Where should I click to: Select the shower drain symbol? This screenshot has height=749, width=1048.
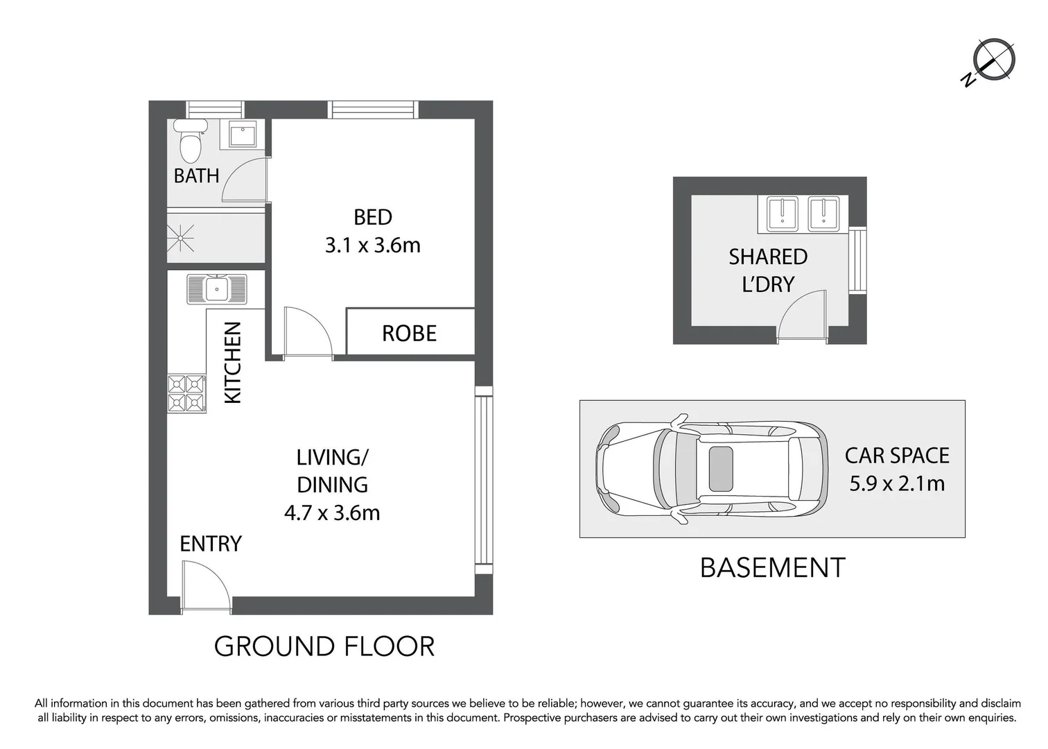click(x=182, y=238)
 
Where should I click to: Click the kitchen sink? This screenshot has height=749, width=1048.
click(x=216, y=289)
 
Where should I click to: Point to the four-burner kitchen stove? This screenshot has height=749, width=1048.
click(x=187, y=393)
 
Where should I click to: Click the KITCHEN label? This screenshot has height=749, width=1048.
click(x=233, y=362)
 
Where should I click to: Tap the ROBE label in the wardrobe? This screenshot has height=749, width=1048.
click(x=409, y=334)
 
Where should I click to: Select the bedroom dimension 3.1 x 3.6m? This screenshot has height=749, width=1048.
click(x=373, y=246)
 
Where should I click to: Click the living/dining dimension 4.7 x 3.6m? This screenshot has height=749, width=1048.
click(x=332, y=513)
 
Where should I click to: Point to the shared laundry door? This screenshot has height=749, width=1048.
click(x=803, y=317)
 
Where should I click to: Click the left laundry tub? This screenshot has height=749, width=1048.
click(x=784, y=213)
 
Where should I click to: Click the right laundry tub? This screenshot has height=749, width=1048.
click(x=824, y=213)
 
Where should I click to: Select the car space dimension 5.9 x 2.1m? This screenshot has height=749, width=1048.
click(x=897, y=483)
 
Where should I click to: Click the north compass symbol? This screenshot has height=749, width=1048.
click(x=993, y=60)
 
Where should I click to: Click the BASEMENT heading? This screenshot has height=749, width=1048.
click(x=772, y=568)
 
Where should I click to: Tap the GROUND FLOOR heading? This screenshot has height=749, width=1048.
click(x=324, y=646)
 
